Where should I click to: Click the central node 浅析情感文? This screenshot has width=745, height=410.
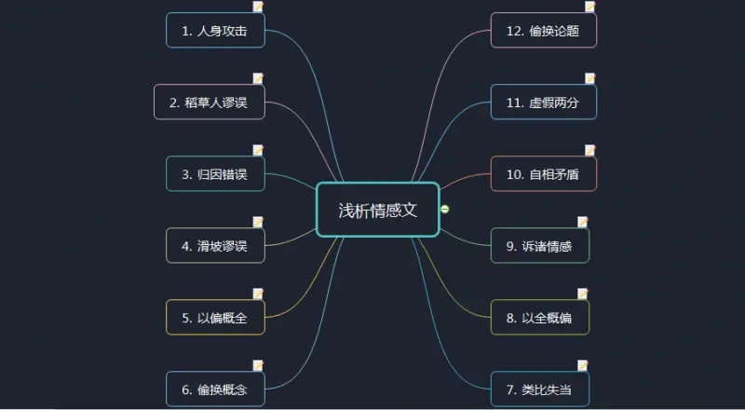coord(377,210)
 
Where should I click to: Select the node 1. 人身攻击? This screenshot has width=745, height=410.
coord(215,30)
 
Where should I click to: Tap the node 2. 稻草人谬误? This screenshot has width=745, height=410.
coord(209,102)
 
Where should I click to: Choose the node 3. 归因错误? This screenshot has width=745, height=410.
coord(215,173)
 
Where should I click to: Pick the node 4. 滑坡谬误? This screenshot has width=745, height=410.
coord(215,245)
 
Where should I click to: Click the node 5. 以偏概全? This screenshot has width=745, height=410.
coord(215,317)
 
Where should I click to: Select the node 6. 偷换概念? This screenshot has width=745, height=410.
coord(215,389)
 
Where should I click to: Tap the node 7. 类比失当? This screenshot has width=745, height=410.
coord(540,389)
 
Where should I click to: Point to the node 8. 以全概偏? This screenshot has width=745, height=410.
coord(540,317)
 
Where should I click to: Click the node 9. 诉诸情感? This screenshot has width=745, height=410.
coord(540,245)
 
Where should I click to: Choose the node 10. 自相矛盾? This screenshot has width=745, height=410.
coord(544,173)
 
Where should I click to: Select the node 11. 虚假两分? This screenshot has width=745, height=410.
coord(544,102)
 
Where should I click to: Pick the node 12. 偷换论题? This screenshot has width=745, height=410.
coord(544,30)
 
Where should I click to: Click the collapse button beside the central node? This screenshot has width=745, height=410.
coord(445,209)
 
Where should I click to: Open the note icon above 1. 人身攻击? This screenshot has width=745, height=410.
coord(258,7)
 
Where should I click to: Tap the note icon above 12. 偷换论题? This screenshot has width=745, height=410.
coord(589,7)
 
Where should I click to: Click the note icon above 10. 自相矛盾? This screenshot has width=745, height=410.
coord(589,150)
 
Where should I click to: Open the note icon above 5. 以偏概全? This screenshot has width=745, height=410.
coord(258,294)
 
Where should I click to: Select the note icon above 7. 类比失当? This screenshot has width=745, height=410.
coord(582,365)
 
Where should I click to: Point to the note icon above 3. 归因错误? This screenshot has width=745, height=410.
coord(258,150)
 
